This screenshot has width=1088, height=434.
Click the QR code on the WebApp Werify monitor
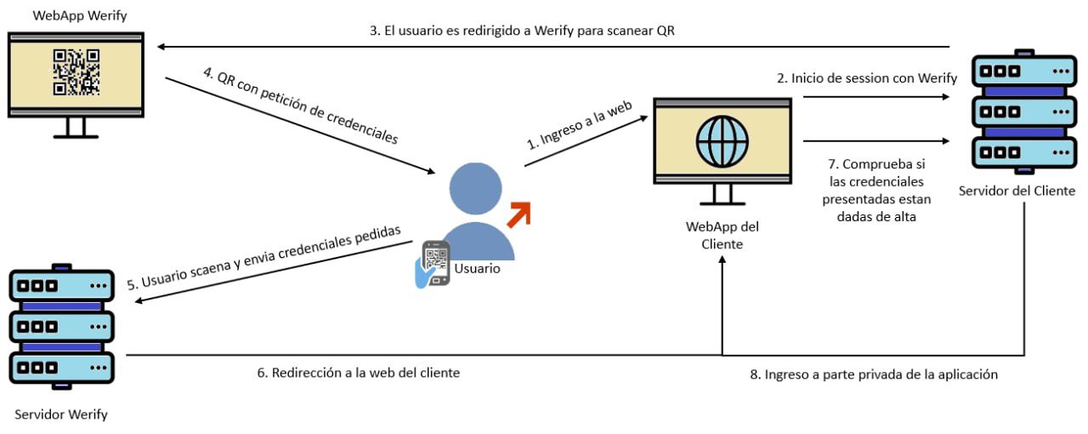(76, 71)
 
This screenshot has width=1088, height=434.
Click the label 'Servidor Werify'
(61, 414)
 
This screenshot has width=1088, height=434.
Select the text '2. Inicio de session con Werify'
(867, 78)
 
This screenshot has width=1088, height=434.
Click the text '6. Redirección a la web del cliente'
(358, 373)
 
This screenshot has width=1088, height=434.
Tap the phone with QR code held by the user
(435, 263)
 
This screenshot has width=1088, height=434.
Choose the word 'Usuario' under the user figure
(477, 269)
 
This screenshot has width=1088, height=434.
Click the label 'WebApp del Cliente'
(722, 235)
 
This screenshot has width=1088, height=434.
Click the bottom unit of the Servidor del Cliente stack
(1017, 153)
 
